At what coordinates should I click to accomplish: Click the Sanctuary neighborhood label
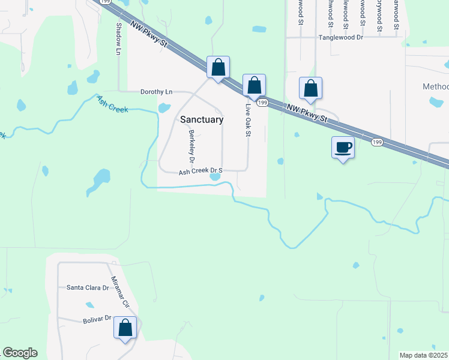pyautogui.click(x=202, y=119)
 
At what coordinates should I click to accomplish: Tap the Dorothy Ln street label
pyautogui.click(x=156, y=92)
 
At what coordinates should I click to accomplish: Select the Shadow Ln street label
pyautogui.click(x=118, y=40)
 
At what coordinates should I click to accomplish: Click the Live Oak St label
pyautogui.click(x=247, y=120)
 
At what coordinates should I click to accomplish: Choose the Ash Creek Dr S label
pyautogui.click(x=200, y=171)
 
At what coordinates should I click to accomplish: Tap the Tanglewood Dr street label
pyautogui.click(x=341, y=37)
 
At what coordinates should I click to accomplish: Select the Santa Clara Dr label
pyautogui.click(x=88, y=287)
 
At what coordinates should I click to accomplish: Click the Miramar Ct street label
pyautogui.click(x=121, y=292)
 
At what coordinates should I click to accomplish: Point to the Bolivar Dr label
pyautogui.click(x=97, y=320)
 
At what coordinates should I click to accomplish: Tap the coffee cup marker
pyautogui.click(x=343, y=147)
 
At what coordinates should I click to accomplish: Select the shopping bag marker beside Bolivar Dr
pyautogui.click(x=125, y=328)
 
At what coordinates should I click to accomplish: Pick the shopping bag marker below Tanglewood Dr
pyautogui.click(x=310, y=88)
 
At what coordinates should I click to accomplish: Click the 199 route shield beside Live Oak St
pyautogui.click(x=262, y=103)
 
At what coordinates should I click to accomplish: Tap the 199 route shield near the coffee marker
pyautogui.click(x=376, y=142)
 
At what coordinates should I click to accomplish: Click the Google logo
pyautogui.click(x=20, y=353)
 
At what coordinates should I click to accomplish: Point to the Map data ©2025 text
pyautogui.click(x=424, y=355)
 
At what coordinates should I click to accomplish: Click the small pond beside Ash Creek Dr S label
pyautogui.click(x=215, y=176)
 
